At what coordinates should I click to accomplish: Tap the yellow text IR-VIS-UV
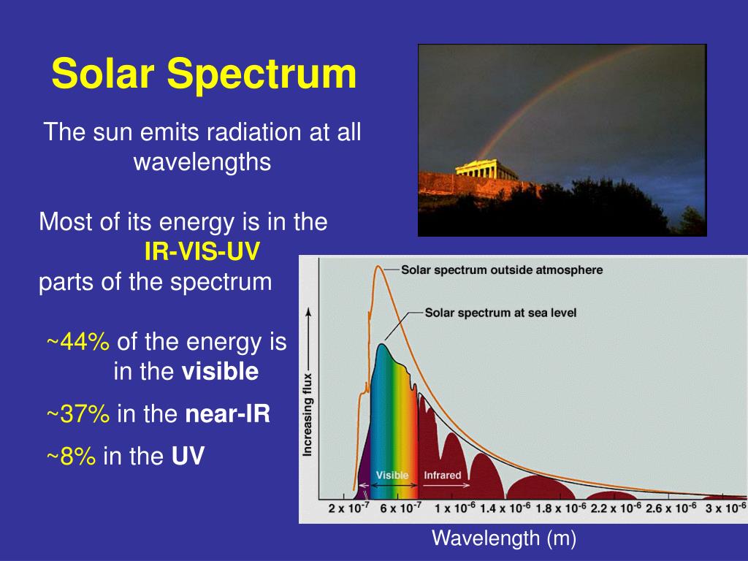click(x=202, y=251)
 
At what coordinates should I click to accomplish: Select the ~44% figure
click(x=78, y=342)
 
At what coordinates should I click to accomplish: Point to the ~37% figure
click(x=78, y=413)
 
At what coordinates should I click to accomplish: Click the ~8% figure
click(x=71, y=456)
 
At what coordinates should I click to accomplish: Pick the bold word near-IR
click(x=228, y=413)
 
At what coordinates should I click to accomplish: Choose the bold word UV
click(x=188, y=456)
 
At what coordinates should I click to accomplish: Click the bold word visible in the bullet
click(x=220, y=371)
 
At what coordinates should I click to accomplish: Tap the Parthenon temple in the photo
click(x=485, y=169)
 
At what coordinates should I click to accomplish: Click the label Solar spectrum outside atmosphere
click(x=502, y=270)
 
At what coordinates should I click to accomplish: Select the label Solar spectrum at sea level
click(x=500, y=313)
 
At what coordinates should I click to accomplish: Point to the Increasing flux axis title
click(x=308, y=415)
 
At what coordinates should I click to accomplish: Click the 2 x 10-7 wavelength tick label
click(x=348, y=508)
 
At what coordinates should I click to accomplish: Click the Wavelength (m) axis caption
click(x=504, y=538)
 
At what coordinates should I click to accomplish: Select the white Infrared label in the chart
click(x=443, y=475)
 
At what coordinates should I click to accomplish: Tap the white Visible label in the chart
click(x=392, y=475)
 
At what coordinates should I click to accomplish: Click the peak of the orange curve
click(x=378, y=266)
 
